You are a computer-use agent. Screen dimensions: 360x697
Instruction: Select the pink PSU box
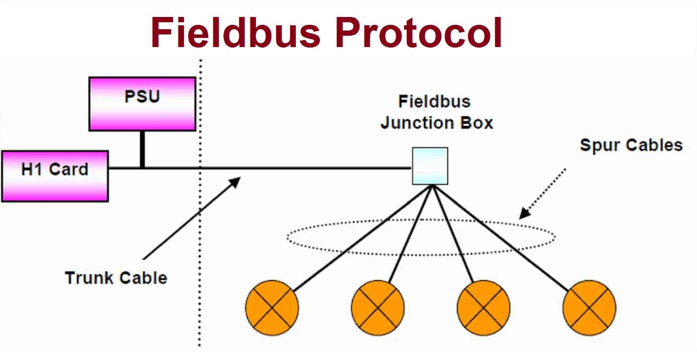pyautogui.click(x=142, y=104)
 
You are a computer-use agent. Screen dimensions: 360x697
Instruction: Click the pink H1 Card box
pyautogui.click(x=55, y=176)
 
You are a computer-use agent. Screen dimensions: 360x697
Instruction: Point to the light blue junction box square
pyautogui.click(x=430, y=166)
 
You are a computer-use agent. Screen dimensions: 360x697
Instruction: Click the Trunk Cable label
pyautogui.click(x=116, y=278)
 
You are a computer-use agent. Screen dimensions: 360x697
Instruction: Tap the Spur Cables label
pyautogui.click(x=631, y=145)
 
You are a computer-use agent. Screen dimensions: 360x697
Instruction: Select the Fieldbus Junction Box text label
pyautogui.click(x=436, y=112)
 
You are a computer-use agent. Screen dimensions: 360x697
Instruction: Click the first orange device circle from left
pyautogui.click(x=272, y=308)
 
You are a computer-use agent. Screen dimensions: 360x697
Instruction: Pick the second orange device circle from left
pyautogui.click(x=378, y=308)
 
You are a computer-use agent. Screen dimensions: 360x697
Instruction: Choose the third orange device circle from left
pyautogui.click(x=484, y=308)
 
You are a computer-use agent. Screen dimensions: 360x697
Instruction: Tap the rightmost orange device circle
pyautogui.click(x=589, y=308)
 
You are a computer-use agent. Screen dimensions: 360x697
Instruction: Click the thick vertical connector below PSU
pyautogui.click(x=142, y=149)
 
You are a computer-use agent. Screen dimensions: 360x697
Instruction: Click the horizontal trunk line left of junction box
pyautogui.click(x=305, y=168)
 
